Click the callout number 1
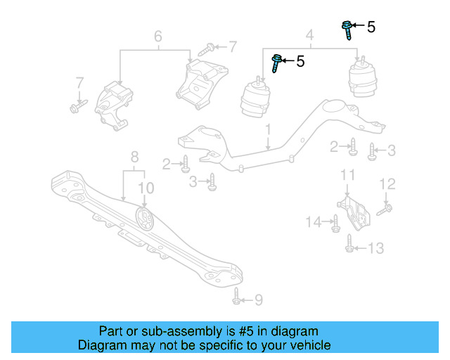pos(268,130)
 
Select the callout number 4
pos(309,34)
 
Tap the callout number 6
pos(157,35)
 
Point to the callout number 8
pos(134,157)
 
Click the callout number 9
pos(258,301)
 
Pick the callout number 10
pos(146,188)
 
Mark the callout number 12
pos(388,184)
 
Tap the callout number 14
pos(314,222)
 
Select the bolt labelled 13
pos(349,245)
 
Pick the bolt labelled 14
pos(335,223)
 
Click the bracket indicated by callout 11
pos(357,212)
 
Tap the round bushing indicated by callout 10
pos(144,219)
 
